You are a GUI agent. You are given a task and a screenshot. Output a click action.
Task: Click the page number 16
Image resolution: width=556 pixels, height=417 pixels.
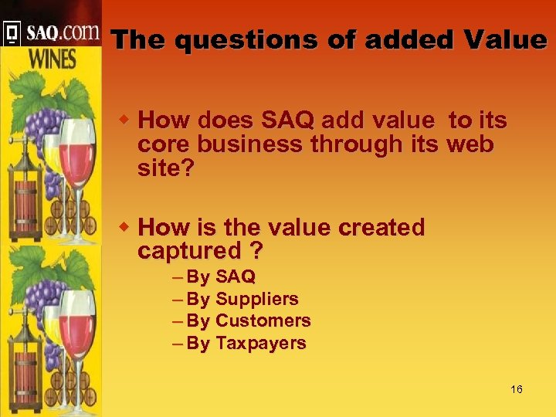coord(516,389)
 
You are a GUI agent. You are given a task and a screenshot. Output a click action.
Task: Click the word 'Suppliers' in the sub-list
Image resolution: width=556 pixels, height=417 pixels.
coord(256,299)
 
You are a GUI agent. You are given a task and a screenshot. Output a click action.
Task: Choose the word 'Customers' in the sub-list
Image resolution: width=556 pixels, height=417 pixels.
coord(263,320)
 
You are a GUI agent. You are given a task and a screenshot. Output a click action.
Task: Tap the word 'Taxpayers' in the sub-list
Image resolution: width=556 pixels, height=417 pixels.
coord(260,343)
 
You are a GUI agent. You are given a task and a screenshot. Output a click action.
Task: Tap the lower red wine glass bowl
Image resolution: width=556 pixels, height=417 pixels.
coord(77,324)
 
